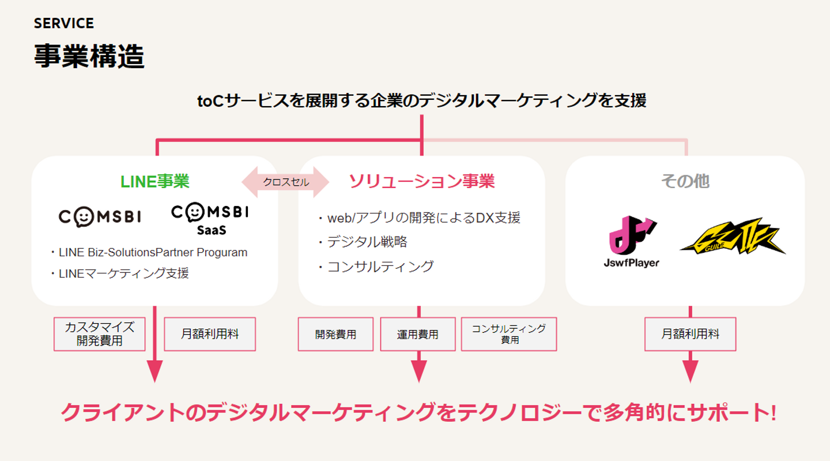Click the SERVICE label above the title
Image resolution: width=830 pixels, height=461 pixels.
coord(63,23)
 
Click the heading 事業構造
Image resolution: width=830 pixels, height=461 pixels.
coord(89,57)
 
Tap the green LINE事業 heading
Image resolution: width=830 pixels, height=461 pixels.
coord(154,181)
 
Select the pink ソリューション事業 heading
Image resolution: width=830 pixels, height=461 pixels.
coord(421,181)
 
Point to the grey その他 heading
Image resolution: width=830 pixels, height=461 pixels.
coord(685,181)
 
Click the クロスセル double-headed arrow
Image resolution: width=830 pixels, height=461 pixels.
coord(285,182)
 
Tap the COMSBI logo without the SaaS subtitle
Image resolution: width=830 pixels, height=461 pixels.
coord(100,217)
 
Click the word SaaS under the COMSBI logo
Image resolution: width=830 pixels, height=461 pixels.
coord(211,230)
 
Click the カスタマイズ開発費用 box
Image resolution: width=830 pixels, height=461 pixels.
coord(99,334)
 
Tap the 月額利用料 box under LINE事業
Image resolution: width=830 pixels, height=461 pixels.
coord(210,334)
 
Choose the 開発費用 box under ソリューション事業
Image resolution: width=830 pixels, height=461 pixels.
coord(335,334)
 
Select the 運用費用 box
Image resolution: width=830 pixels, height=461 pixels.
coord(418,334)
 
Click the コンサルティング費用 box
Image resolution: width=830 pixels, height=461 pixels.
coord(509,334)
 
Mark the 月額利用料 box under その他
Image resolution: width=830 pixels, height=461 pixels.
coord(691,334)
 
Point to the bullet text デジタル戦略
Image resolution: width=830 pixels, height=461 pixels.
coord(367,242)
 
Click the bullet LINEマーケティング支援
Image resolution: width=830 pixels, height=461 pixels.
coord(123,273)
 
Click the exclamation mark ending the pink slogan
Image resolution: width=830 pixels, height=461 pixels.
coord(772,413)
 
